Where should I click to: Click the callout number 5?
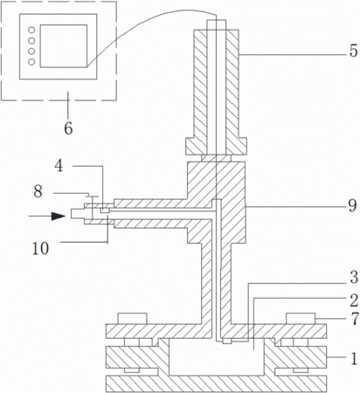(353, 51)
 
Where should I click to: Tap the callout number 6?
(68, 128)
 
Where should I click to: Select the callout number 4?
(59, 166)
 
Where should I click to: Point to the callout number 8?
(38, 191)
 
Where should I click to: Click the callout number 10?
(40, 249)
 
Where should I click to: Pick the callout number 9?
(352, 205)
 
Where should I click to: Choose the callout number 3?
(354, 277)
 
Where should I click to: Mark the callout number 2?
(354, 300)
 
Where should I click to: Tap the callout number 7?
(355, 319)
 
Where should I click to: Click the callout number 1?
(354, 359)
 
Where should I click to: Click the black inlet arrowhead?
(59, 216)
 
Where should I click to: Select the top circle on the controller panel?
(31, 30)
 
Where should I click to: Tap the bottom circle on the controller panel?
(31, 62)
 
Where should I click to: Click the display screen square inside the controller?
(64, 46)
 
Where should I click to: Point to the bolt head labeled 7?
(301, 319)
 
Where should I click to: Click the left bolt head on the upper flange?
(132, 319)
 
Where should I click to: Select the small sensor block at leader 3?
(227, 341)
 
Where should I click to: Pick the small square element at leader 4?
(105, 210)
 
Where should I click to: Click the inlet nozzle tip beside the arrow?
(78, 214)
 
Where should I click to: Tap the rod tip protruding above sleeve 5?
(216, 24)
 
